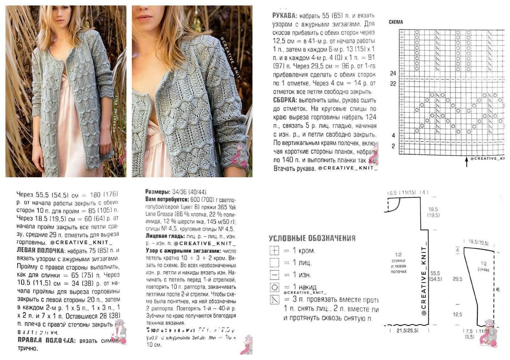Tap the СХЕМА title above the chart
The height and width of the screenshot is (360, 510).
[396, 22]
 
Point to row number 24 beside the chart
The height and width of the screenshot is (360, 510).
[393, 74]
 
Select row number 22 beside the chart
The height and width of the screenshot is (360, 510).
[393, 84]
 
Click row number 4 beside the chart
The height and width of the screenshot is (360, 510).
[393, 135]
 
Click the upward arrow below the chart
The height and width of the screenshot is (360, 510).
[467, 162]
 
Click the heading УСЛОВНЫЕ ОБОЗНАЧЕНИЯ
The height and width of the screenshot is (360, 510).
[312, 238]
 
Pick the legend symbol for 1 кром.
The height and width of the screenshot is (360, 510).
[274, 251]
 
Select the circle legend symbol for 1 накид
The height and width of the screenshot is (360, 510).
[274, 288]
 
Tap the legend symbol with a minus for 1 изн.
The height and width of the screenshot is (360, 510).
[274, 275]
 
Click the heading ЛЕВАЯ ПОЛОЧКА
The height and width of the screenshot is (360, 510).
[41, 250]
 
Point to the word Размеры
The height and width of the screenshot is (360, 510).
[157, 192]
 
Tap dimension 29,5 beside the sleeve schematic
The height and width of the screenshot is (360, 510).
[458, 279]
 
